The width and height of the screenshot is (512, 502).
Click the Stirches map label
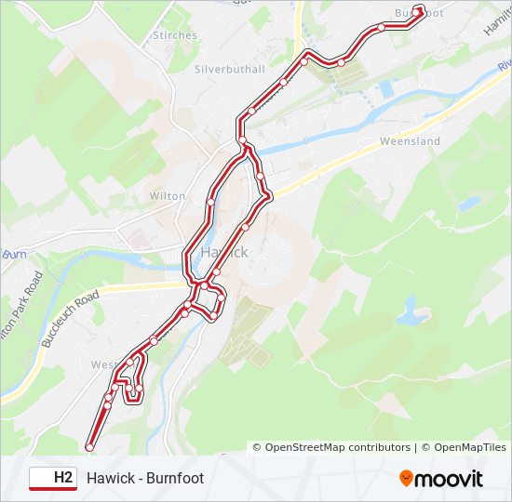tap(174, 35)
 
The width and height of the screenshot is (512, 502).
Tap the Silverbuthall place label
tap(230, 69)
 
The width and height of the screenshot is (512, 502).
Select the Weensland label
tap(410, 141)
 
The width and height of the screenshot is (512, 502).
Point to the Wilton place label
tap(168, 196)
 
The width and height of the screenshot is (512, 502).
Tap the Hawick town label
tap(224, 252)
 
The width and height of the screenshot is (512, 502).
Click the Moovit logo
tap(441, 479)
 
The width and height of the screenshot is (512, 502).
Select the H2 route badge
tap(62, 478)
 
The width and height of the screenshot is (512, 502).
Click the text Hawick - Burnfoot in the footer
tap(145, 478)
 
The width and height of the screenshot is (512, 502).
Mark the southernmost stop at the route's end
tap(89, 447)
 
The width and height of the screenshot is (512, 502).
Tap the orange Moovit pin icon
tap(406, 479)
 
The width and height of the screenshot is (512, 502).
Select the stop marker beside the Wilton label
tap(211, 200)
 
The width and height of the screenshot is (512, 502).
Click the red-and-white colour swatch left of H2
tap(40, 478)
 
